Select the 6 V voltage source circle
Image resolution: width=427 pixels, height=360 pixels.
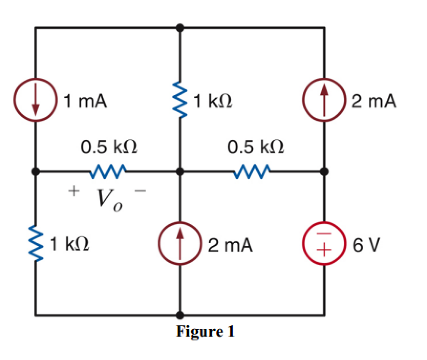pyautogui.click(x=324, y=245)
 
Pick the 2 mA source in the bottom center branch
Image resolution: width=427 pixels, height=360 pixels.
pyautogui.click(x=180, y=245)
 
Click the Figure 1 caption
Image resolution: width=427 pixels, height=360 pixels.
pyautogui.click(x=205, y=331)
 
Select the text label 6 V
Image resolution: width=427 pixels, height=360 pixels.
pyautogui.click(x=367, y=245)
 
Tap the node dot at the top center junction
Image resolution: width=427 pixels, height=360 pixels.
pyautogui.click(x=180, y=28)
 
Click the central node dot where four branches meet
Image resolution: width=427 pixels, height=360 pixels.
pyautogui.click(x=180, y=170)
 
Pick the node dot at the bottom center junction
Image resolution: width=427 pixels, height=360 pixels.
pyautogui.click(x=180, y=315)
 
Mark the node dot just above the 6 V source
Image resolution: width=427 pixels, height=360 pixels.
pyautogui.click(x=324, y=170)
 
